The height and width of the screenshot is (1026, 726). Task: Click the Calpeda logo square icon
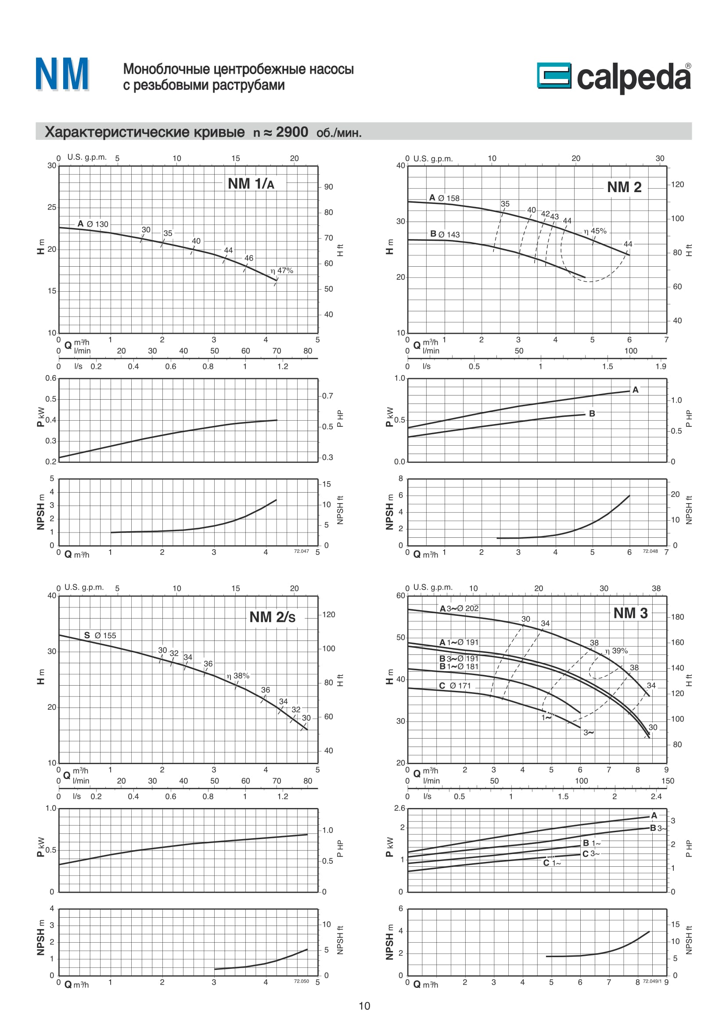pos(554,75)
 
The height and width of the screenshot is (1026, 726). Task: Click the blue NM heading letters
pos(62,74)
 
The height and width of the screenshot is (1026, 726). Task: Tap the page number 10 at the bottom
pos(364,1005)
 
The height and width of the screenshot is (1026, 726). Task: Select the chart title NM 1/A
pos(251,184)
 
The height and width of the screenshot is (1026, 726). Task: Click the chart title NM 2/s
pos(272,617)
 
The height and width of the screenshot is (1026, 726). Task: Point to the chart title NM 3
pos(630,613)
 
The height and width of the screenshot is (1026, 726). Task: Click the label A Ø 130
pos(93,224)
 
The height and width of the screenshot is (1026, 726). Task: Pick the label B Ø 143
pos(445,234)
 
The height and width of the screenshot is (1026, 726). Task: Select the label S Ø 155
pos(100,635)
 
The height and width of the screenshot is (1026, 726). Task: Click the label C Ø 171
pos(455,686)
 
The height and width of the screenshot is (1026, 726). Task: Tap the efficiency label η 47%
pos(282,270)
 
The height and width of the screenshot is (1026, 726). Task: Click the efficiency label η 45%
pos(595,231)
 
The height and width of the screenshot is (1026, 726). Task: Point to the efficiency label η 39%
pos(616,651)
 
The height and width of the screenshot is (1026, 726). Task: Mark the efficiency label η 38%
pos(238,676)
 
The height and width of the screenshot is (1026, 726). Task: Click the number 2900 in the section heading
pos(292,132)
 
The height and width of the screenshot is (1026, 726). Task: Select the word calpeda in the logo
pos(633,77)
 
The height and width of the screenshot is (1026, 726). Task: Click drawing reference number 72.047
pos(301,551)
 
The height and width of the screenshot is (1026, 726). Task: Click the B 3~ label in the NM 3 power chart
pos(658,828)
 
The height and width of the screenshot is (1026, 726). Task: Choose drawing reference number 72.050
pos(301,981)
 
